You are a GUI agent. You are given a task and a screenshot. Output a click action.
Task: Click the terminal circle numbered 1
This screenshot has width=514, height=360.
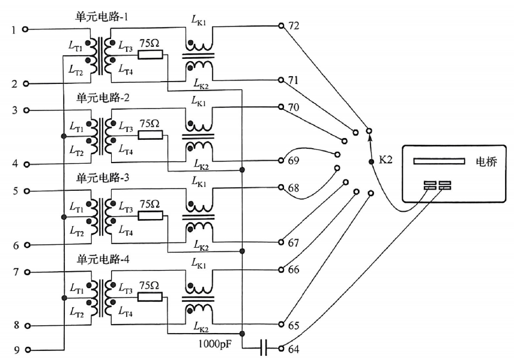coord(25,29)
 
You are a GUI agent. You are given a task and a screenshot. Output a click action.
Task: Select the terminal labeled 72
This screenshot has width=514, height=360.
coord(281,26)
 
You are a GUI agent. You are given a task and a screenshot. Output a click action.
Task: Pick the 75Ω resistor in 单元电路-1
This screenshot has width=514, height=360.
coord(150,55)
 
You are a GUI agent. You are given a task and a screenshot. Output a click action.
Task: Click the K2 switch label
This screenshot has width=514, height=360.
coord(385,160)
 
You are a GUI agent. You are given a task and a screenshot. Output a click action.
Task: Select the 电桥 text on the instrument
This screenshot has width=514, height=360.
coord(486,162)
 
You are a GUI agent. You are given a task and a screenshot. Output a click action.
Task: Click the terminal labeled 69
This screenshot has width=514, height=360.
coord(281,161)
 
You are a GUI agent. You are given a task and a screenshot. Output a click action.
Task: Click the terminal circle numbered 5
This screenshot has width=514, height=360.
coord(25,191)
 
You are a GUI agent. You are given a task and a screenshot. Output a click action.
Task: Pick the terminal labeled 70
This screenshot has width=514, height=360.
coord(281,107)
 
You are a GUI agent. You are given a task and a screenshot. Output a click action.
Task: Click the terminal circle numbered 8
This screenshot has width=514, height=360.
coord(25,326)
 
